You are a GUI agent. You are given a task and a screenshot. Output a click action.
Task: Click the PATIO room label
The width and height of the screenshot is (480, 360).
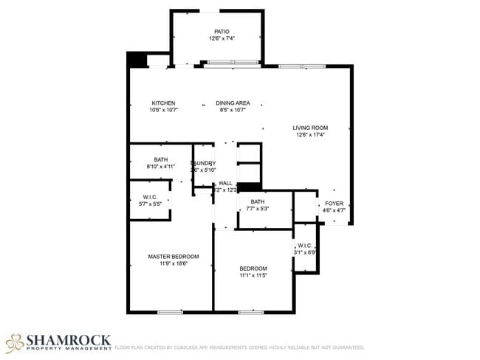coord(222,32)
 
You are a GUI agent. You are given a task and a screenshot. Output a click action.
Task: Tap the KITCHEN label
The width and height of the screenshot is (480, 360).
coord(163,103)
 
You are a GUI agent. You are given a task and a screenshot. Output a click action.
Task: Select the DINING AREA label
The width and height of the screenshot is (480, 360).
coord(233,103)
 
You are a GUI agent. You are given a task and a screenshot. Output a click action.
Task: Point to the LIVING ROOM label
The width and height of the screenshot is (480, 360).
coord(310,128)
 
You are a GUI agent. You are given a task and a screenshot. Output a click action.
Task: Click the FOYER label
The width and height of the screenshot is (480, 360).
coord(335,203)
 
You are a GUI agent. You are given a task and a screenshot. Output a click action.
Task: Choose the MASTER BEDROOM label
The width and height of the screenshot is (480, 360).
coord(174,256)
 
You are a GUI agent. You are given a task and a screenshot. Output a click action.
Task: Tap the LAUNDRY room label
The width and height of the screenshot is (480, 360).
coord(203,163)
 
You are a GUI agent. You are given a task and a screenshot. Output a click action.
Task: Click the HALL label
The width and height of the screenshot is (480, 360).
coord(225,183)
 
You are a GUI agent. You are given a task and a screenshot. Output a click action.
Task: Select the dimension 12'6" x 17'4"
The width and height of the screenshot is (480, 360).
coord(310,135)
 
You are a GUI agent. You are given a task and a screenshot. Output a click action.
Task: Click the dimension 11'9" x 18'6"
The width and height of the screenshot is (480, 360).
coord(174,263)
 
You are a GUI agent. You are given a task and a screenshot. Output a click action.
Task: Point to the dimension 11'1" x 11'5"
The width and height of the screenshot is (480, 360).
coord(253,275)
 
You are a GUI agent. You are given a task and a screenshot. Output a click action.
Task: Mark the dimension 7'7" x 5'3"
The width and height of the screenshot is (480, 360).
coord(258,209)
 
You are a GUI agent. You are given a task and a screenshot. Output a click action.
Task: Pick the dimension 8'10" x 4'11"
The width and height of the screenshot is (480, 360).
coord(161,167)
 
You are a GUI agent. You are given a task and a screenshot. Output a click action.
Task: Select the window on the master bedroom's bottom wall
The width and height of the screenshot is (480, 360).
coord(170,312)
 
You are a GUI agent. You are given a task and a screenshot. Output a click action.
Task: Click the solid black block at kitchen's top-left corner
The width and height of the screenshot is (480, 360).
coord(137,59)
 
